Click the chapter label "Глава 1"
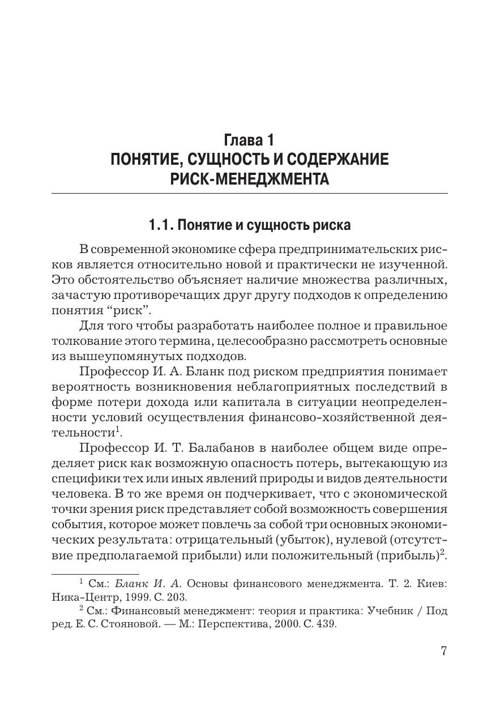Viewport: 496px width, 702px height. coord(249,139)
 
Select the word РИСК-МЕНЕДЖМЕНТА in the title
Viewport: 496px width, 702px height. coord(249,179)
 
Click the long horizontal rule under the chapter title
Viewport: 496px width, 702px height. coord(249,194)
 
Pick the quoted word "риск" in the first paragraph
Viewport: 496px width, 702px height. coord(132,310)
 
